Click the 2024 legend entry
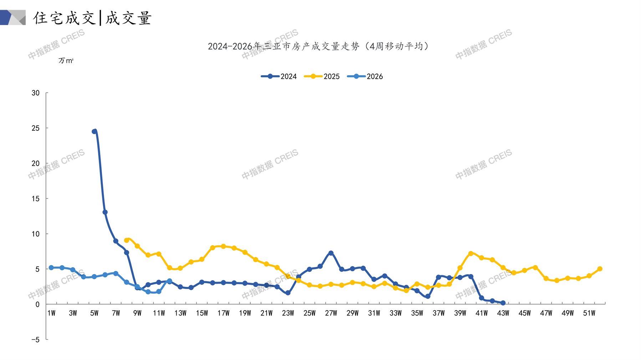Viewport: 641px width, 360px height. click(x=279, y=76)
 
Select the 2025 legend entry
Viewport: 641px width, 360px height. click(x=322, y=76)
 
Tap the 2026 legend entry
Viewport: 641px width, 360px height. click(x=365, y=76)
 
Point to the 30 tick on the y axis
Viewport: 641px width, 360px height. click(x=36, y=93)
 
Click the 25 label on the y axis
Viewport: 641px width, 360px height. click(x=36, y=128)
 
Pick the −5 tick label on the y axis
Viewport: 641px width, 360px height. click(x=35, y=340)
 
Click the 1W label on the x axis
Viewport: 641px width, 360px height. click(x=51, y=313)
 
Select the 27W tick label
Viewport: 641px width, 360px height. click(x=331, y=313)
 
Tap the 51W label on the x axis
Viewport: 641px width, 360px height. click(x=589, y=313)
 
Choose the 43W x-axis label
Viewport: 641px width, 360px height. click(x=503, y=313)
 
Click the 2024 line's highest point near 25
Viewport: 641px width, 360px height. click(x=95, y=132)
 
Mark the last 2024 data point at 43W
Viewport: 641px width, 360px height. click(x=503, y=303)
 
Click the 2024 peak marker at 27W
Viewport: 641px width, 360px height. click(x=331, y=253)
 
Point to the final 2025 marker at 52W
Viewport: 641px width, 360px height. click(x=600, y=269)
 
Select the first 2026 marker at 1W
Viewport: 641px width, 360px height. click(x=51, y=268)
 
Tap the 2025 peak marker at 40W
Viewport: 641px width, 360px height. click(x=470, y=253)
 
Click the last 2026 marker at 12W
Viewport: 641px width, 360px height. click(x=169, y=281)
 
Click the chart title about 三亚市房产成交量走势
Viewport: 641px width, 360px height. click(x=318, y=46)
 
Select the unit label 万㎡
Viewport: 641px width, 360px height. click(x=66, y=61)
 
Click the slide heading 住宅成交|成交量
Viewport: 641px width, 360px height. click(x=92, y=18)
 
